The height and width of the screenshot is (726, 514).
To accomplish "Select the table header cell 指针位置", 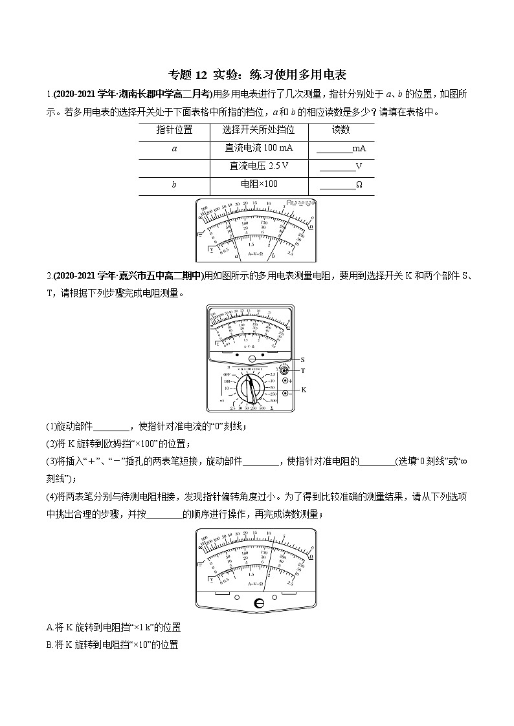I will [174, 129].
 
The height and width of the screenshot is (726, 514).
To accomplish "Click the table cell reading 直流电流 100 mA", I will [259, 148].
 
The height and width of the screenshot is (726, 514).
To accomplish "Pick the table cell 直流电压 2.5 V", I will [259, 166].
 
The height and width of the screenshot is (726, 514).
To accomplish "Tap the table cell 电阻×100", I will [259, 184].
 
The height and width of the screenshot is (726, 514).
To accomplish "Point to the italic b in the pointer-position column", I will [174, 185].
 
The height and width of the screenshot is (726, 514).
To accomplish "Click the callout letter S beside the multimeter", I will [302, 359].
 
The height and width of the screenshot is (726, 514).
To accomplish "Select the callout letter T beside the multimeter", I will [302, 371].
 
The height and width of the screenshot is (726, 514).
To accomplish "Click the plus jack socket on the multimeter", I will [285, 381].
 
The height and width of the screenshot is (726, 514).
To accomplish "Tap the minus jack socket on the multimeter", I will [285, 393].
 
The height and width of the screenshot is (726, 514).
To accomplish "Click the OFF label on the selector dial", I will [227, 375].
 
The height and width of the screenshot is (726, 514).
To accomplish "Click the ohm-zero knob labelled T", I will [285, 370].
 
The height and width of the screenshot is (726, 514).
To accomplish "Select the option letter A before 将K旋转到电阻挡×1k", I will [50, 627].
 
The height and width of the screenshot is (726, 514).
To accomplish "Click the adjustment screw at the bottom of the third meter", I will [258, 603].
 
